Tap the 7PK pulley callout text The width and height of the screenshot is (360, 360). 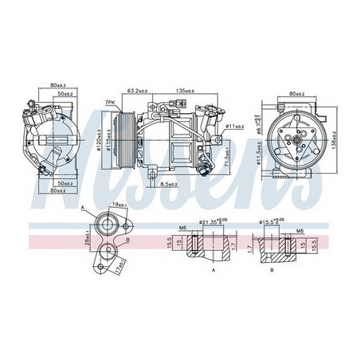pyautogui.click(x=110, y=103)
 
